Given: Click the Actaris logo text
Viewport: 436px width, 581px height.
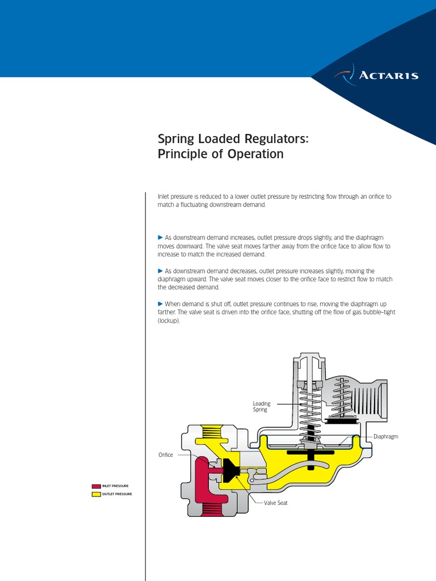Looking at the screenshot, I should point(389,75).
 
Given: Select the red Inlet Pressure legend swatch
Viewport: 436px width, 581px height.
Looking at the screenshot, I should point(96,486).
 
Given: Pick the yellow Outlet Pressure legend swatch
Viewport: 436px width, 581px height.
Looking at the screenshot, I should point(96,494).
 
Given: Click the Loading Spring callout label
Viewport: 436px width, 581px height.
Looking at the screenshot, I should point(261,406).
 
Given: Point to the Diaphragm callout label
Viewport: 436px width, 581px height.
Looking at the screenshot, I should point(386,437).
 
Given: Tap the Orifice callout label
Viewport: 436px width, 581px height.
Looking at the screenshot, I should point(165,455).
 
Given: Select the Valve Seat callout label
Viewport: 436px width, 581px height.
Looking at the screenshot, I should point(275,503).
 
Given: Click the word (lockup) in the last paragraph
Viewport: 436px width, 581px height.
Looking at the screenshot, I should point(168,321).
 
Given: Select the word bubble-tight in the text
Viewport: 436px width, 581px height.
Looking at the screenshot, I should point(360,313).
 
